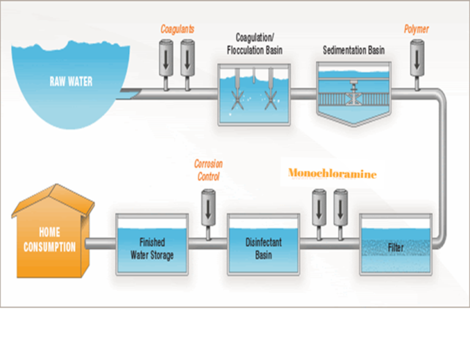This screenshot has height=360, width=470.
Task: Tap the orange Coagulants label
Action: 177,29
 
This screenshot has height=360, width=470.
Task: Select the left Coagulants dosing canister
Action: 166,58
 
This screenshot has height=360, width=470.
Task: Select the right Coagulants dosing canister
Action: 188,58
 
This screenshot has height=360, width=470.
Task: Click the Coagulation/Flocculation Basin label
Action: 255,43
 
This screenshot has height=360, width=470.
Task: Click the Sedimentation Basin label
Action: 353,50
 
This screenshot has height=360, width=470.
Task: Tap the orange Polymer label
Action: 417,29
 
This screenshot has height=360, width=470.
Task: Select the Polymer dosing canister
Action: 418,58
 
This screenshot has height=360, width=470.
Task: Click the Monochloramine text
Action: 332,174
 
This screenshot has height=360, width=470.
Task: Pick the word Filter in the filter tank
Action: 396,249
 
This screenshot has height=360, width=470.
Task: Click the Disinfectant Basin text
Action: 263,248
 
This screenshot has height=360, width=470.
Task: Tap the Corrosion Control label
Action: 208,170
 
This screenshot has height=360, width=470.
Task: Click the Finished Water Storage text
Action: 152,249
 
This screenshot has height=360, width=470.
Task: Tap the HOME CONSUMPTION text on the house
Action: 50,240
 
